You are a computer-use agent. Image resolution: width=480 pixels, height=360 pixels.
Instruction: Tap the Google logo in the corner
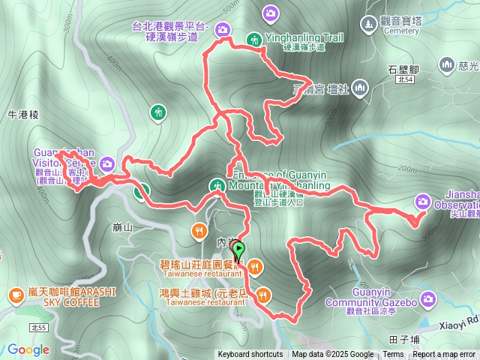click(28, 349)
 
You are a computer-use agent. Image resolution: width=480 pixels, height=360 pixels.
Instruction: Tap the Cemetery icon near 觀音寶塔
click(368, 25)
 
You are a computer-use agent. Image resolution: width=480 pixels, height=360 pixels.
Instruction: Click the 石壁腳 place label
click(403, 70)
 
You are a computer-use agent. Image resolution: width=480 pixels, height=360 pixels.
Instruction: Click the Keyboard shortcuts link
click(250, 355)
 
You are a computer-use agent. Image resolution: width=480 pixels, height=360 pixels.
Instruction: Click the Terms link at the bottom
click(393, 355)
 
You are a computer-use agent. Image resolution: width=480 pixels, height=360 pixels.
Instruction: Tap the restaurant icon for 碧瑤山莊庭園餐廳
click(255, 265)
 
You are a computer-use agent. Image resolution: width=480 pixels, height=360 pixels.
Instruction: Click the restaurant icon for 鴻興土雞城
click(262, 293)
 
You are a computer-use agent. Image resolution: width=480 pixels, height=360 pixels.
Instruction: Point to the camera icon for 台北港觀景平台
click(222, 30)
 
